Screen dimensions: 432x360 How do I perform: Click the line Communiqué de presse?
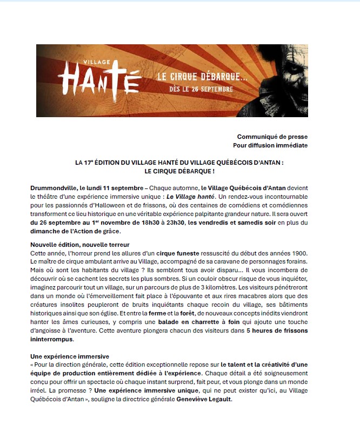(272, 137)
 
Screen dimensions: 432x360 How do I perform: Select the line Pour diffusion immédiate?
(270, 145)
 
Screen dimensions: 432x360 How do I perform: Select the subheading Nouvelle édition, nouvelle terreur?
(80, 245)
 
